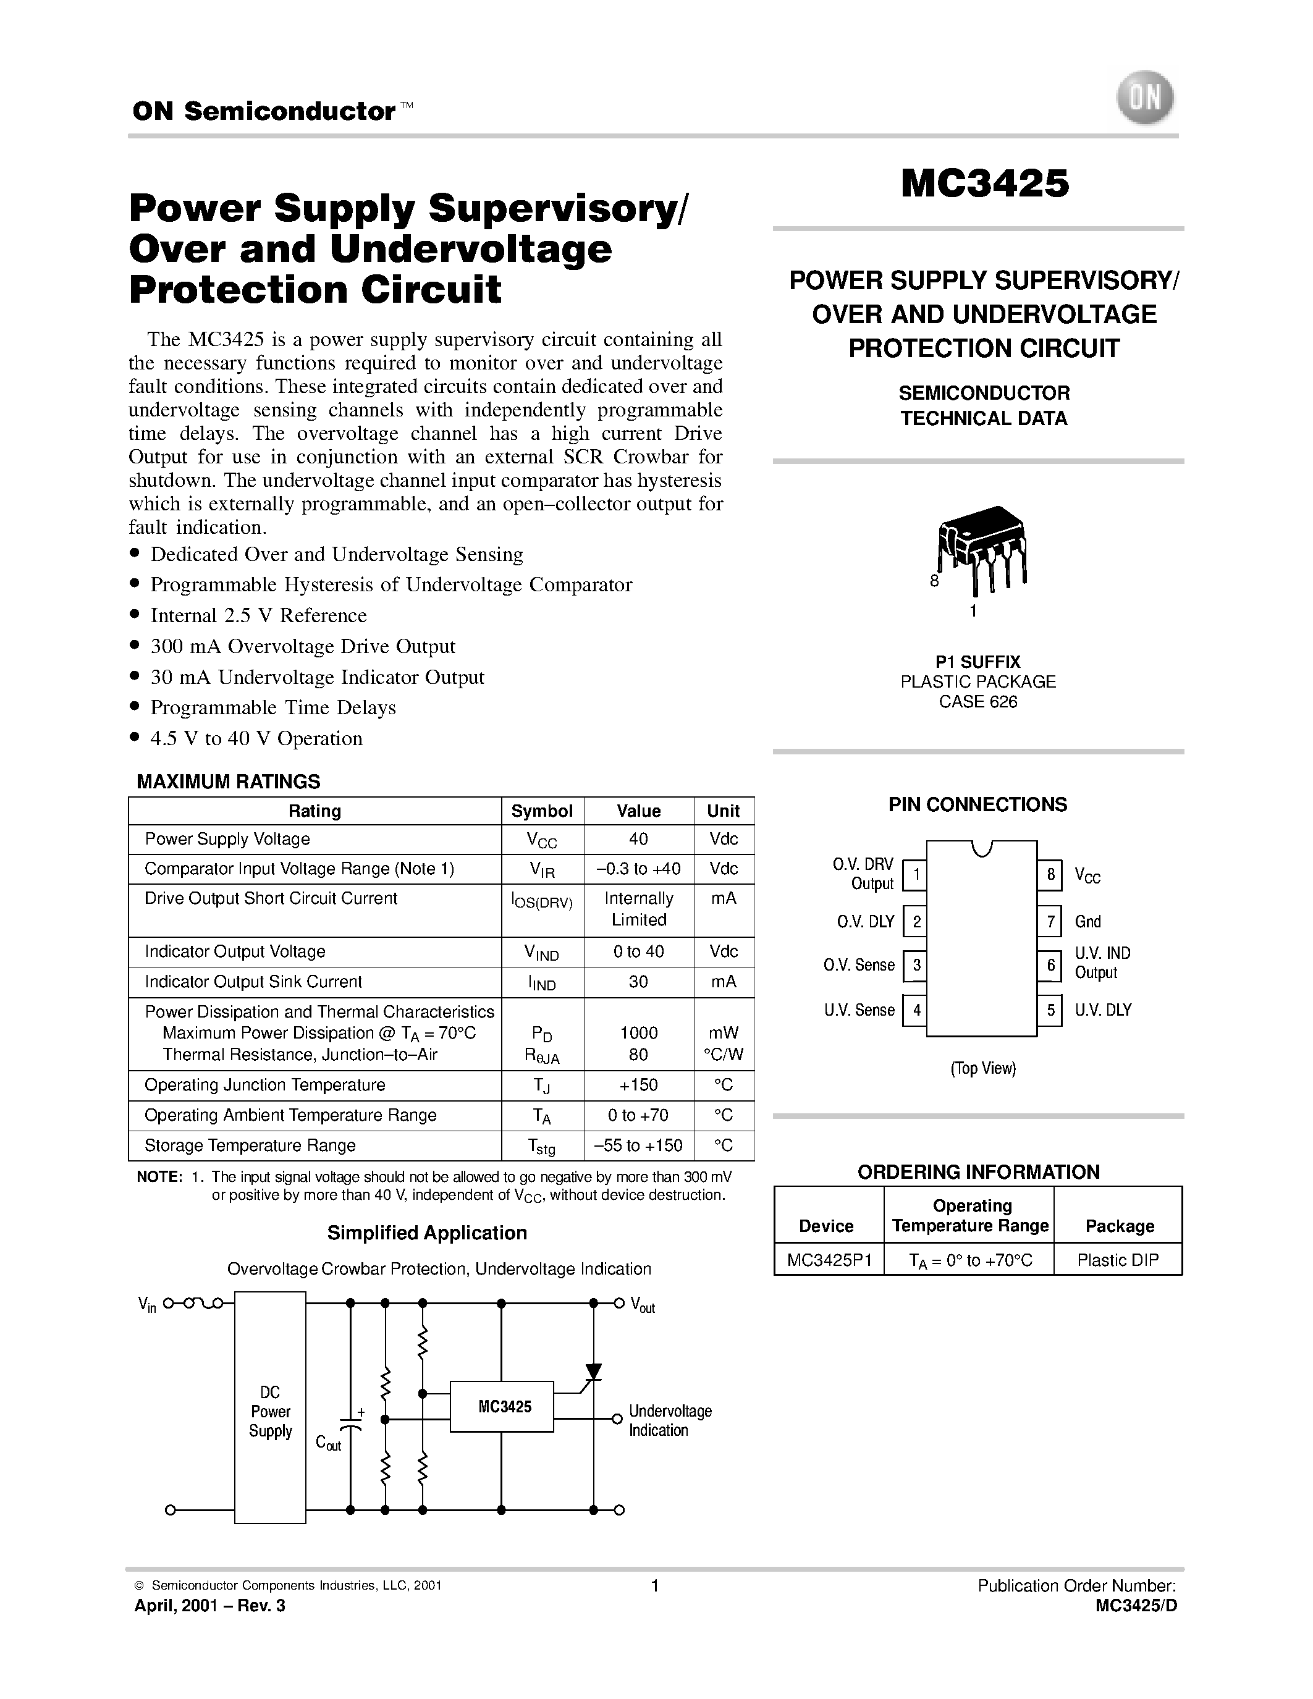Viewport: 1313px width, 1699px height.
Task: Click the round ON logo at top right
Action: click(x=1145, y=98)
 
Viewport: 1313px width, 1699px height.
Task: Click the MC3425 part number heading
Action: click(x=985, y=183)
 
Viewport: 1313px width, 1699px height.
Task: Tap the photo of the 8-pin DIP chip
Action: click(x=982, y=544)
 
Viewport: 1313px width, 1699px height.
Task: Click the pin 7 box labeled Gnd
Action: click(x=1050, y=922)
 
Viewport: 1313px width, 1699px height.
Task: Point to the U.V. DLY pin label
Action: click(x=1103, y=1010)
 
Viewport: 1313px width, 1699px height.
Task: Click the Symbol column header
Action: click(x=541, y=811)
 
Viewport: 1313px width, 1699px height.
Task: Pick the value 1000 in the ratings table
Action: click(x=639, y=1033)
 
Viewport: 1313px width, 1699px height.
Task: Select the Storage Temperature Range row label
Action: click(x=250, y=1145)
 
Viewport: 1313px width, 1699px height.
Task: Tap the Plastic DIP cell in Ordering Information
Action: click(x=1118, y=1260)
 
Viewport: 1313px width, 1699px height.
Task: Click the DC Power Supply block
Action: click(x=270, y=1412)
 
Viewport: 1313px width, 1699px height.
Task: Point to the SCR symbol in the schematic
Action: click(x=594, y=1372)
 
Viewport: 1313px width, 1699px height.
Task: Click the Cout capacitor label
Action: click(x=328, y=1443)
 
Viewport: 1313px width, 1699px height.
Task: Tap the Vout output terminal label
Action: click(x=643, y=1305)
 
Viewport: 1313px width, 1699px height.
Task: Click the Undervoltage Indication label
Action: click(x=670, y=1420)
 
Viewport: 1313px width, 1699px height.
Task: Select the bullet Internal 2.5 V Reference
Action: click(x=258, y=615)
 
